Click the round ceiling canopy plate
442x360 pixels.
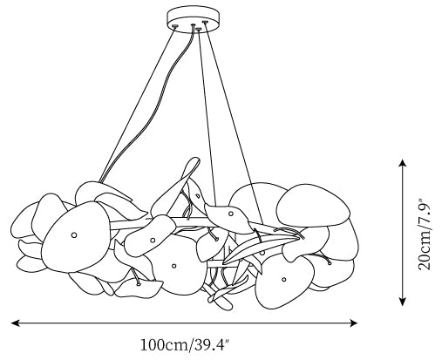pyautogui.click(x=193, y=19)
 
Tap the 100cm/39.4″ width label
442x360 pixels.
pyautogui.click(x=185, y=345)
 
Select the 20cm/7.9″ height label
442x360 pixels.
pyautogui.click(x=424, y=234)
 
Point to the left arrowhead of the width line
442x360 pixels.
pyautogui.click(x=15, y=323)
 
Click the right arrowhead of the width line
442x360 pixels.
pyautogui.click(x=353, y=323)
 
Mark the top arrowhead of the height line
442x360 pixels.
pyautogui.click(x=402, y=163)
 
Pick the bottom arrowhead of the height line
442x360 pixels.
pyautogui.click(x=402, y=302)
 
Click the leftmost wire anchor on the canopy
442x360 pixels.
pyautogui.click(x=174, y=26)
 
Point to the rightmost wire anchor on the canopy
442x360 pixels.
pyautogui.click(x=205, y=22)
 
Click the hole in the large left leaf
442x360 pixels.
pyautogui.click(x=74, y=234)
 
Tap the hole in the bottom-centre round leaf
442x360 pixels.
pyautogui.click(x=173, y=266)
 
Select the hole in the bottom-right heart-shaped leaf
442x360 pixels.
pyautogui.click(x=284, y=280)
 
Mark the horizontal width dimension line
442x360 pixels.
pyautogui.click(x=184, y=323)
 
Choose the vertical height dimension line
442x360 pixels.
pyautogui.click(x=402, y=233)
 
